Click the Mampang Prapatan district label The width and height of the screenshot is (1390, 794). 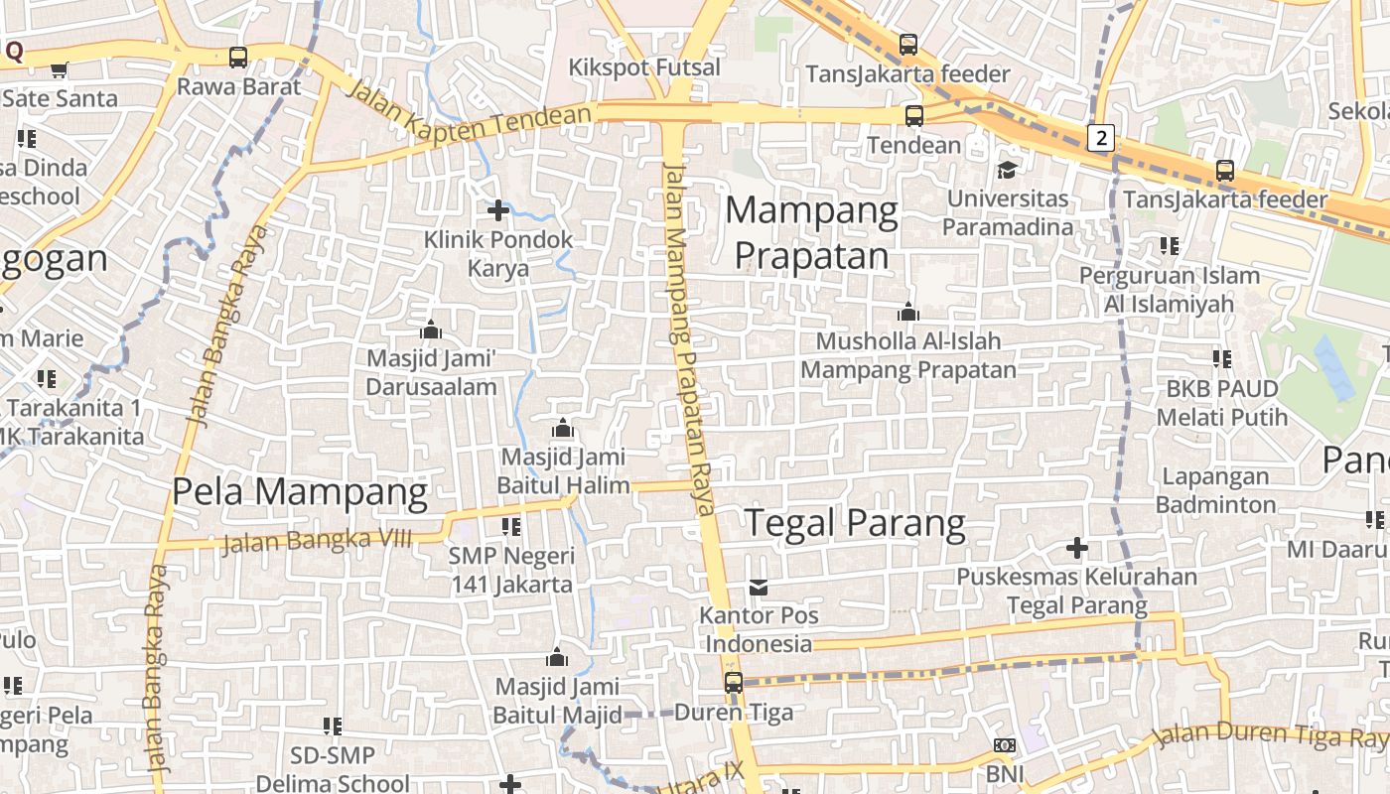pyautogui.click(x=811, y=233)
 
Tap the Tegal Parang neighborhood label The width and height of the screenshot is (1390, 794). pyautogui.click(x=855, y=523)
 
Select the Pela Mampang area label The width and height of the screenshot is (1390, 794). pyautogui.click(x=300, y=491)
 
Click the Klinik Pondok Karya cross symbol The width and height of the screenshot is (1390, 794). pyautogui.click(x=498, y=210)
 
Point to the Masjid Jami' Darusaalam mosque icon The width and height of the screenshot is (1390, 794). pyautogui.click(x=431, y=330)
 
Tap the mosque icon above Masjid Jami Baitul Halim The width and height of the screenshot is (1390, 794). pyautogui.click(x=563, y=429)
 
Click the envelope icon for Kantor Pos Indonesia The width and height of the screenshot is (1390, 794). pyautogui.click(x=759, y=588)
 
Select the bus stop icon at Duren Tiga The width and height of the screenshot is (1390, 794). pyautogui.click(x=734, y=683)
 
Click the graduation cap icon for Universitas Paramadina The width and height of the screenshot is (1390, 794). pyautogui.click(x=1007, y=170)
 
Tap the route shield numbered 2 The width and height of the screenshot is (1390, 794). pyautogui.click(x=1100, y=138)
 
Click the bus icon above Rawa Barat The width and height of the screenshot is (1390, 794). pyautogui.click(x=238, y=58)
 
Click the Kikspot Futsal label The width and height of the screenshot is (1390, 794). pyautogui.click(x=644, y=67)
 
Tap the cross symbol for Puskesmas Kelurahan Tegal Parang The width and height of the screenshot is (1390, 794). pyautogui.click(x=1076, y=548)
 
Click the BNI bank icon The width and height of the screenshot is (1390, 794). pyautogui.click(x=1005, y=745)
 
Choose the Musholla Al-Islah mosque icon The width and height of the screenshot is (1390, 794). pyautogui.click(x=907, y=313)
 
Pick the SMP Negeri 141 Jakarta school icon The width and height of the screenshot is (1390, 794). pyautogui.click(x=511, y=527)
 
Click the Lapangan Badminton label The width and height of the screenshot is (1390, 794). pyautogui.click(x=1216, y=490)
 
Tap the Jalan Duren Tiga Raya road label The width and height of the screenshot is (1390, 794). pyautogui.click(x=1271, y=736)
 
